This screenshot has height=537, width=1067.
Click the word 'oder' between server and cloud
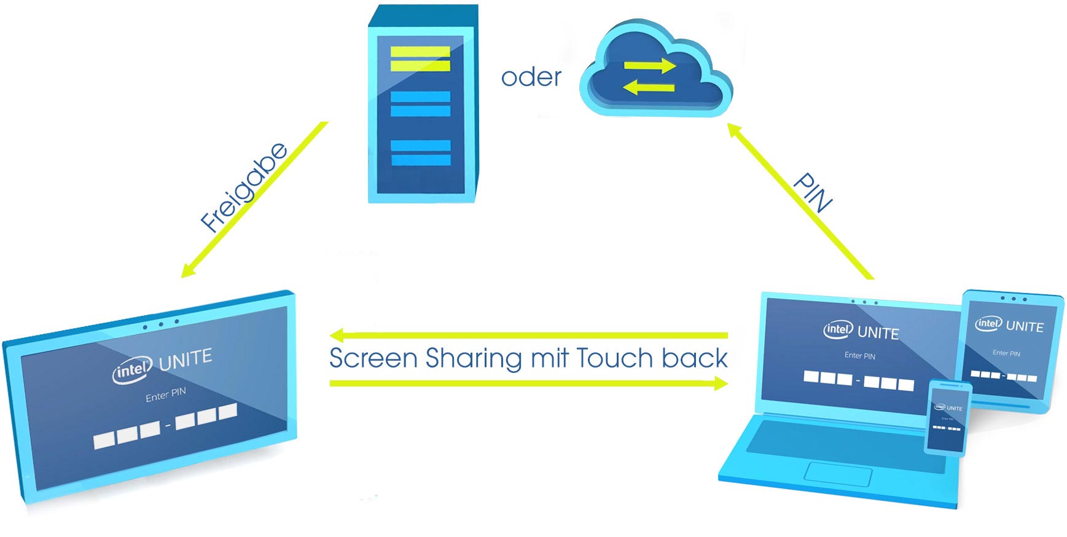531,77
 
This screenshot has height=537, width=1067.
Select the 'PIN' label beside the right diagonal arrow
812,192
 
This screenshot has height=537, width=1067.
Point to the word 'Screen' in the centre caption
373,358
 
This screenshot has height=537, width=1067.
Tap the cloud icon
655,71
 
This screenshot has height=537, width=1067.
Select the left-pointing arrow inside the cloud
649,88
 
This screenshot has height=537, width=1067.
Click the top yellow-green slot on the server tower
420,52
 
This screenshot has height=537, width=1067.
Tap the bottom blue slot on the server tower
421,160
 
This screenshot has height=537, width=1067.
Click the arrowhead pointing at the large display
188,270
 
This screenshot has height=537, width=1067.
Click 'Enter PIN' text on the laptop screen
859,356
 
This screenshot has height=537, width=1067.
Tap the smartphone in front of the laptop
948,418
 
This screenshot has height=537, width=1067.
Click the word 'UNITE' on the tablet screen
1025,326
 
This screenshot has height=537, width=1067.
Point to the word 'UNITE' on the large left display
186,359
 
